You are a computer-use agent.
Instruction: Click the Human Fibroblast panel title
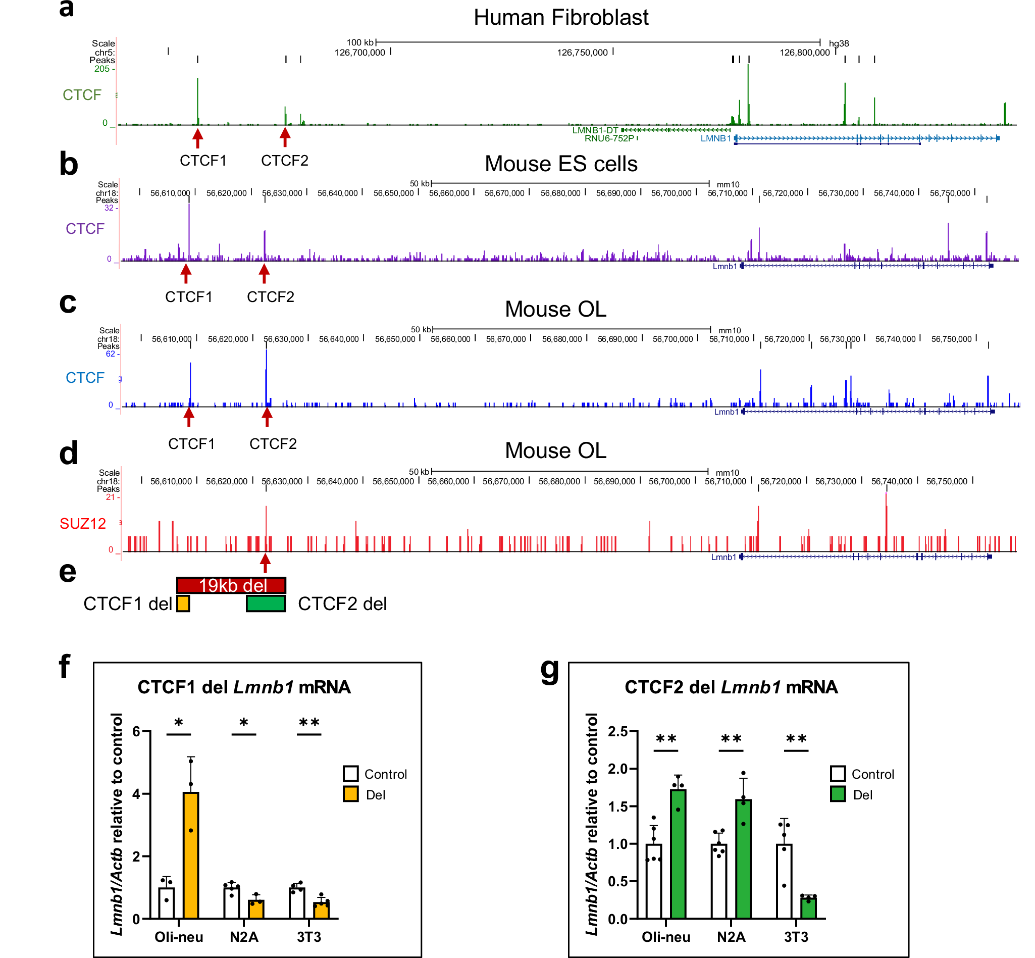tap(561, 18)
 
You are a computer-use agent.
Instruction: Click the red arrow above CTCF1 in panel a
tap(197, 137)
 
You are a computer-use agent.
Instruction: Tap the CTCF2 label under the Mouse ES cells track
tap(271, 297)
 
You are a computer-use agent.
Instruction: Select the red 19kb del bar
tap(231, 585)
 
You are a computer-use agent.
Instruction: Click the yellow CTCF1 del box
tap(183, 603)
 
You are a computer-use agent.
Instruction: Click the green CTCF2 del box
tap(266, 603)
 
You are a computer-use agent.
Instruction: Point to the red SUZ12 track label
tap(82, 524)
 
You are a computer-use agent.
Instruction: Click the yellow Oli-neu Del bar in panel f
tap(191, 855)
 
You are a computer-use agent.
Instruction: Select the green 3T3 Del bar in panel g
tap(808, 907)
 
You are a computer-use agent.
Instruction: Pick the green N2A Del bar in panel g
tap(743, 859)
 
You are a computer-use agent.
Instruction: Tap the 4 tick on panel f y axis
tap(136, 794)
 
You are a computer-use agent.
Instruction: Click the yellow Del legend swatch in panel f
tap(351, 795)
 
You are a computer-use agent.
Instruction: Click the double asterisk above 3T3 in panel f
tap(309, 723)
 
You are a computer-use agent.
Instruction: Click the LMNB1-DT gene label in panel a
tap(595, 130)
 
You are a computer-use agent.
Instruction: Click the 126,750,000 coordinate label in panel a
tap(582, 53)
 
